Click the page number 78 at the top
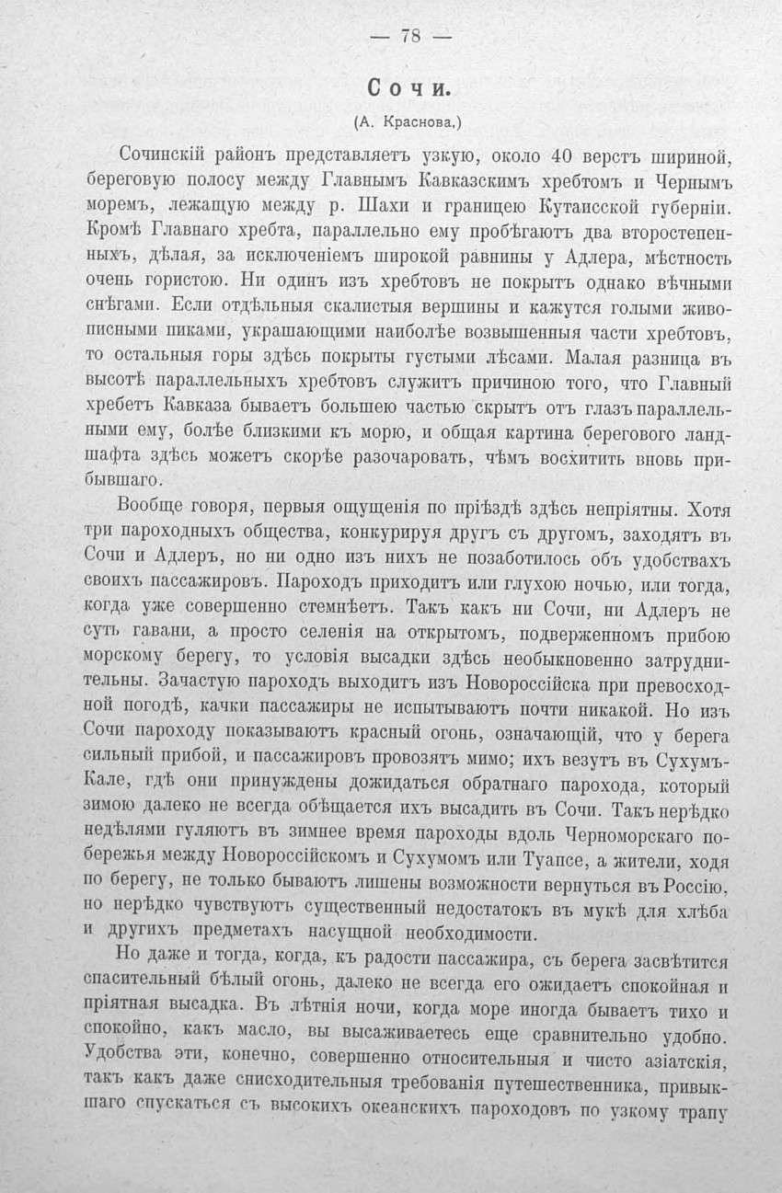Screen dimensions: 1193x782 pos(409,37)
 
